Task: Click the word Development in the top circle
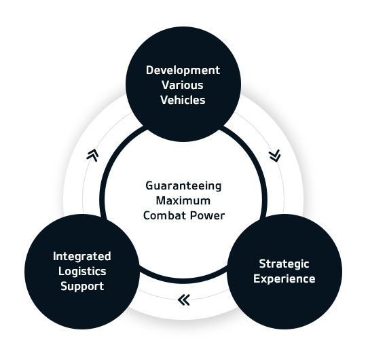pos(183,71)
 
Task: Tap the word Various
pos(183,85)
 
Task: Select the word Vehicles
pos(183,100)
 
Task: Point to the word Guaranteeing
pos(183,187)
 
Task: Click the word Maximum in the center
pos(183,201)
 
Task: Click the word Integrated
pos(82,257)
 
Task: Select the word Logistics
pos(82,272)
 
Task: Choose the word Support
pos(82,287)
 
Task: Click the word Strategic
pos(284,264)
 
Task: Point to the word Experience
pos(284,279)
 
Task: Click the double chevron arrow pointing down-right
pos(275,156)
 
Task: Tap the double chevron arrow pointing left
pos(183,300)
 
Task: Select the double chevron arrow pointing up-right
pos(92,155)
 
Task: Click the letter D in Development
pos(149,70)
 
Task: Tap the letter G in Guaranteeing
pos(149,185)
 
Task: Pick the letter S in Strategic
pos(262,264)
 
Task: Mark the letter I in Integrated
pos(54,256)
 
